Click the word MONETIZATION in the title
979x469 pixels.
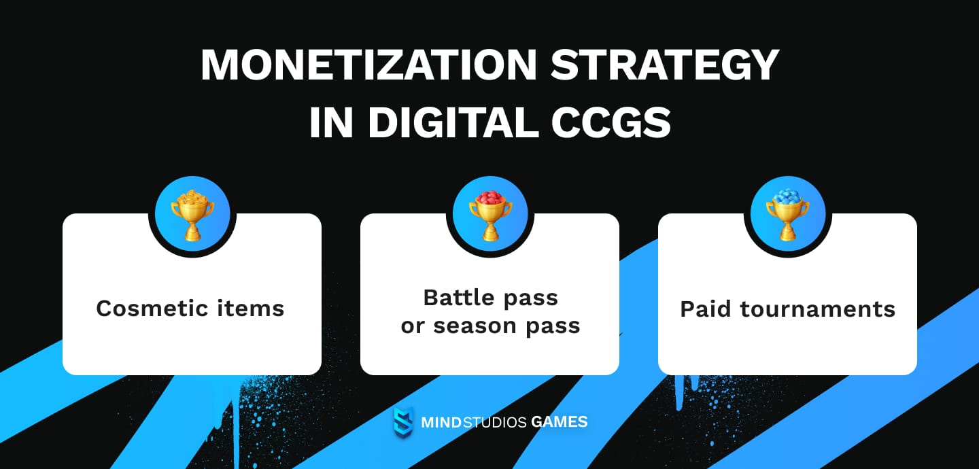[367, 66]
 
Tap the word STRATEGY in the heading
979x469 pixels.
[664, 66]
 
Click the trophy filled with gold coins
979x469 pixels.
[192, 215]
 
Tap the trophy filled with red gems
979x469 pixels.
[489, 215]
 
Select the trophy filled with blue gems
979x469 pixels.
[787, 215]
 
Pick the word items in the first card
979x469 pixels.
[256, 309]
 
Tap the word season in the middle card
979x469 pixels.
[477, 326]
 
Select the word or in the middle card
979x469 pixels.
[412, 326]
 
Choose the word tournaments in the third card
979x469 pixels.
[818, 309]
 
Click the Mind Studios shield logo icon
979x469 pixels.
[403, 422]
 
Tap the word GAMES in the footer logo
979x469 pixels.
[560, 422]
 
